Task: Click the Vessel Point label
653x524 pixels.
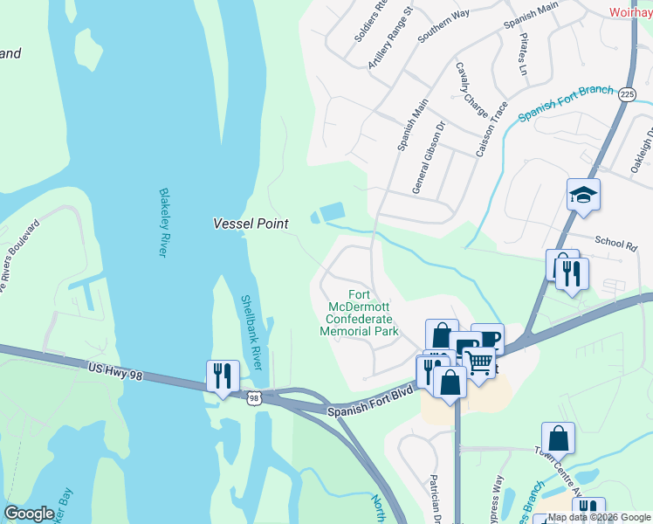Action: pyautogui.click(x=251, y=224)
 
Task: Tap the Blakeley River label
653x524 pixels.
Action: pyautogui.click(x=162, y=223)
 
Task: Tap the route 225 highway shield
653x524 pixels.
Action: pyautogui.click(x=626, y=94)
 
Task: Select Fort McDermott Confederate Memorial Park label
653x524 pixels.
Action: pyautogui.click(x=359, y=313)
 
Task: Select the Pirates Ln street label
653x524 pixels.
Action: pyautogui.click(x=525, y=54)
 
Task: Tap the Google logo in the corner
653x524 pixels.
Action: pyautogui.click(x=30, y=514)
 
